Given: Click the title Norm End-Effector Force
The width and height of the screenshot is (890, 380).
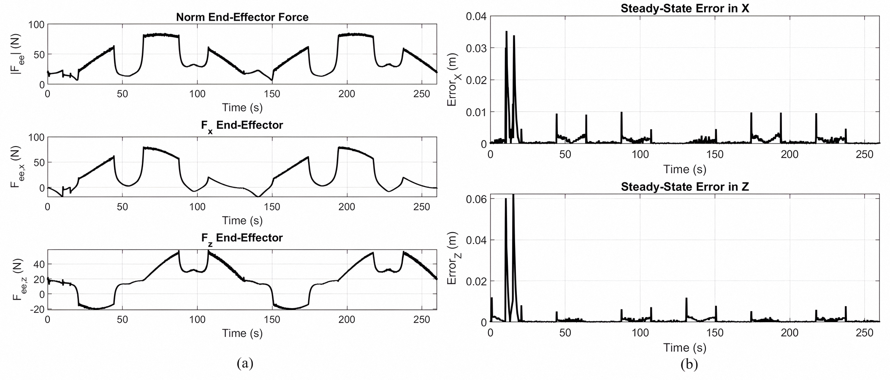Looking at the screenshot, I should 242,17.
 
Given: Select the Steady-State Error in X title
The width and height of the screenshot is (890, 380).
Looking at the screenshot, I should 684,8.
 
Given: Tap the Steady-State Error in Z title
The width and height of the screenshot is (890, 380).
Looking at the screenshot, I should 684,187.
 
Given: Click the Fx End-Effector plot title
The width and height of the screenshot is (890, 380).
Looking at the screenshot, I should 242,125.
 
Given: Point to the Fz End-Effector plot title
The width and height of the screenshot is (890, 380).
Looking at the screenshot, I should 242,238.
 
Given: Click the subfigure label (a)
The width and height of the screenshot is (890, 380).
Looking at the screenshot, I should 245,363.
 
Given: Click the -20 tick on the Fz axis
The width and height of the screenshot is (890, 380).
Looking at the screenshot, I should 37,309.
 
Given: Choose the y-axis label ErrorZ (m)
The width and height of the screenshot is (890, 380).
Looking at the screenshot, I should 452,258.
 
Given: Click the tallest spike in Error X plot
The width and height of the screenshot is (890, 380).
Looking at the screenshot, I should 506,32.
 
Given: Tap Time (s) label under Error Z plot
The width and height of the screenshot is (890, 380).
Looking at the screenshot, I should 684,347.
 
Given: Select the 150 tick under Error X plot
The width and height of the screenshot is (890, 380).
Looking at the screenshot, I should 715,155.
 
